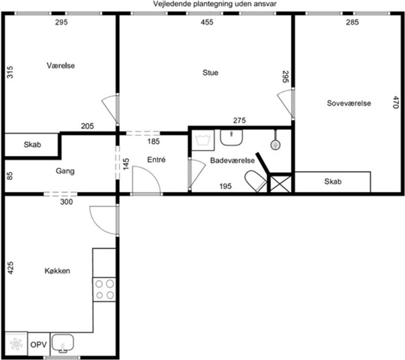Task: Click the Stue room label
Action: click(x=210, y=73)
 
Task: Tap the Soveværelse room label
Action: click(x=349, y=103)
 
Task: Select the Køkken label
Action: click(x=57, y=271)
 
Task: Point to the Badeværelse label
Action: click(x=232, y=160)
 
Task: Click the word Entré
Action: click(x=156, y=160)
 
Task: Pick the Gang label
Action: click(x=65, y=171)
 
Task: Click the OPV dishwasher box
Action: click(x=39, y=344)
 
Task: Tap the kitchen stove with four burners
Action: click(x=104, y=289)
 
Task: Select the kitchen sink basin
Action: click(x=62, y=343)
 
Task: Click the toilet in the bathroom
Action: click(x=256, y=181)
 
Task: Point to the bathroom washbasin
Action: click(x=231, y=137)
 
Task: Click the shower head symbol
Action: click(x=275, y=145)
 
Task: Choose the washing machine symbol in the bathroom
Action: click(x=203, y=140)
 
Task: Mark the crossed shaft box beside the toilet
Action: click(x=280, y=184)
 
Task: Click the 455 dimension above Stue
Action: click(x=207, y=22)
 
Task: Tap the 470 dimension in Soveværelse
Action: click(x=396, y=102)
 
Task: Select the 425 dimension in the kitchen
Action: click(x=10, y=268)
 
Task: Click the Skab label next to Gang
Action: click(x=32, y=145)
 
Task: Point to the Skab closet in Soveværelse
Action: click(x=333, y=181)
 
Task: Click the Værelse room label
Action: click(x=61, y=65)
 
